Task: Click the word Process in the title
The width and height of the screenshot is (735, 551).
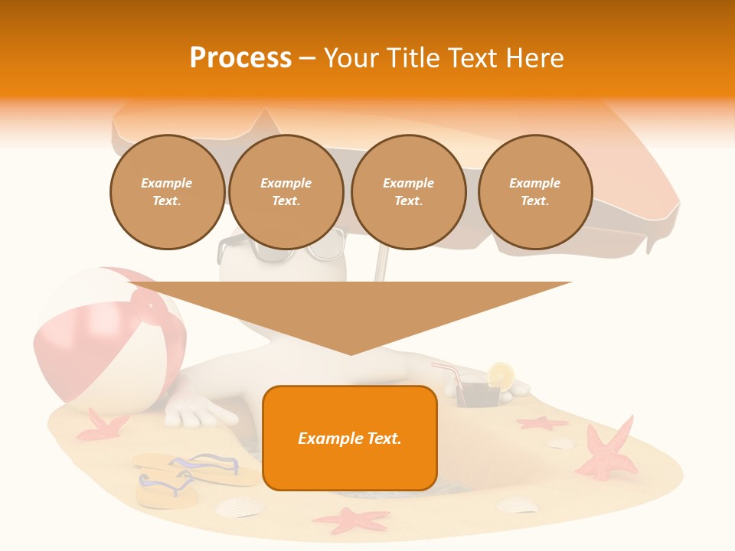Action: pos(240,57)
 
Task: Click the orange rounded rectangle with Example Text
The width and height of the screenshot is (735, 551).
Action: pos(350,438)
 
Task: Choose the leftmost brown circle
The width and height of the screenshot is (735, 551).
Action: pos(167,192)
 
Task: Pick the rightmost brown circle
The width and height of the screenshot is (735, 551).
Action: pos(535,192)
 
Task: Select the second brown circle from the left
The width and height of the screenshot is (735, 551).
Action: pos(286,192)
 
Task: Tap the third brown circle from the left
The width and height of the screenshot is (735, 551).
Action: pos(408,192)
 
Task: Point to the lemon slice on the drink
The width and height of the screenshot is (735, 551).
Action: pos(501,374)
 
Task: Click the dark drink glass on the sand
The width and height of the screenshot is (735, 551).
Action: pos(477,395)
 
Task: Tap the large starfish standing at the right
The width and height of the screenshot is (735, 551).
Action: pos(609,451)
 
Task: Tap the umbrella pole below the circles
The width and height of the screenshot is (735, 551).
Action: pos(381,265)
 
